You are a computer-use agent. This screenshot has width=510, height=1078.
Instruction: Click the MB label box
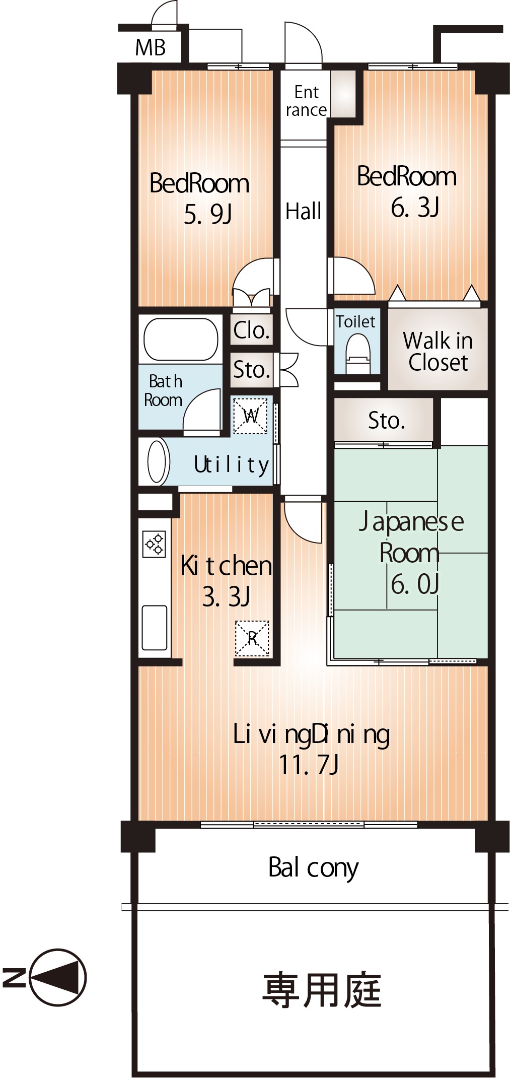tap(151, 48)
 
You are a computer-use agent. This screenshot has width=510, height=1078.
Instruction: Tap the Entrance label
tap(306, 101)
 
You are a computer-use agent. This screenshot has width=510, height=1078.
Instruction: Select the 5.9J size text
tap(207, 215)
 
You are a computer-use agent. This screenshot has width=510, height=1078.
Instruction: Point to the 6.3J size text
tap(415, 207)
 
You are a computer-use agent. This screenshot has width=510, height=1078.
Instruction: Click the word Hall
tap(303, 211)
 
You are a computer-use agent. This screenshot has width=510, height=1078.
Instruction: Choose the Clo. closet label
tap(251, 330)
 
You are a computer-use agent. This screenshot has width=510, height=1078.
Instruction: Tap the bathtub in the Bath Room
tap(181, 339)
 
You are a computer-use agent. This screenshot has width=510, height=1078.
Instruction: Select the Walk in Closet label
tap(438, 352)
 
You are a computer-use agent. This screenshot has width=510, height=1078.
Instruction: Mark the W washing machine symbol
tap(251, 416)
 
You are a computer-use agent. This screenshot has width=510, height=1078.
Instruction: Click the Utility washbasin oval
tap(158, 461)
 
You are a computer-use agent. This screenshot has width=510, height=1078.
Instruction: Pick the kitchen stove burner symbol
tap(154, 544)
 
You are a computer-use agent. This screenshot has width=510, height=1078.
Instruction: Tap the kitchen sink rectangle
tap(155, 628)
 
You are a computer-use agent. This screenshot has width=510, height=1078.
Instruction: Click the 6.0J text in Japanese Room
tap(415, 584)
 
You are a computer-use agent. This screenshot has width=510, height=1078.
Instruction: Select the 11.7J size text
tap(308, 765)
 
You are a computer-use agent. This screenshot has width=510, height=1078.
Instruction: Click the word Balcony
tap(313, 868)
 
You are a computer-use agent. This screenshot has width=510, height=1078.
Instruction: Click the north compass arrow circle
tap(58, 978)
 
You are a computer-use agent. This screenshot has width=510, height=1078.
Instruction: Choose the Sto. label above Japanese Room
tap(386, 421)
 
